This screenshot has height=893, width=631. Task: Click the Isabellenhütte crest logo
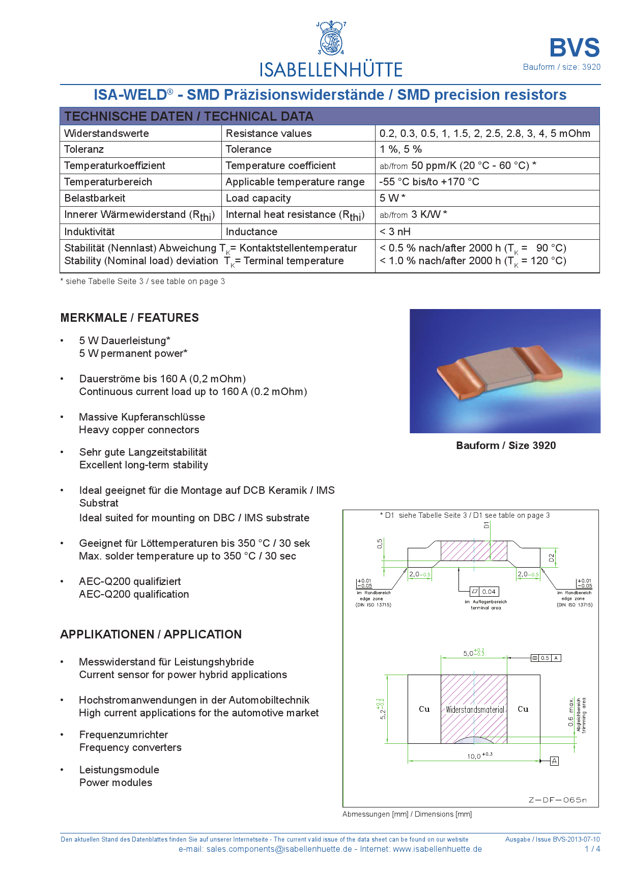(x=331, y=39)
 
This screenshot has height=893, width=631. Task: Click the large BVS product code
(x=575, y=48)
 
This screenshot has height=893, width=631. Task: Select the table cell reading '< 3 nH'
(x=395, y=232)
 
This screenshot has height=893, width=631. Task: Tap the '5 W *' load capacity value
(x=392, y=198)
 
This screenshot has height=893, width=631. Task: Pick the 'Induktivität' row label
(x=90, y=232)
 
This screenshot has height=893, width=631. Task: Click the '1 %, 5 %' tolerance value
(x=400, y=149)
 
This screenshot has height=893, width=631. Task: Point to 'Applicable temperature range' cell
(x=295, y=182)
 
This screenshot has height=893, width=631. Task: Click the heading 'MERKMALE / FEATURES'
(x=129, y=318)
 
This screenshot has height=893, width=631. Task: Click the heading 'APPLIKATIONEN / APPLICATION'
(x=151, y=634)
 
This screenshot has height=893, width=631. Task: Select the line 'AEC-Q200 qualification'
(x=134, y=594)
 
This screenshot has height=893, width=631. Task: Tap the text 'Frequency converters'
(x=130, y=747)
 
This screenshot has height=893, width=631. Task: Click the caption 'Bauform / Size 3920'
(x=506, y=445)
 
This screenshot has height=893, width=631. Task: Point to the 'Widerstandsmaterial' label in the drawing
(x=475, y=710)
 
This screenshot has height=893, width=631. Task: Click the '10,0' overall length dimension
(x=474, y=756)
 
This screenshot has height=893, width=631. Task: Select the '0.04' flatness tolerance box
(x=489, y=592)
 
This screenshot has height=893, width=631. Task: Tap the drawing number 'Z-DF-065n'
(x=557, y=800)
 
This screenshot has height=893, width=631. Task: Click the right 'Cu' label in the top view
(x=523, y=709)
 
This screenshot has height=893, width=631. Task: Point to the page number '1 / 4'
(x=592, y=849)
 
